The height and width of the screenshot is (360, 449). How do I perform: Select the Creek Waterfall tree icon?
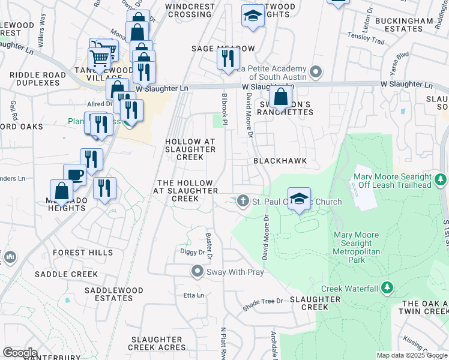[387, 289]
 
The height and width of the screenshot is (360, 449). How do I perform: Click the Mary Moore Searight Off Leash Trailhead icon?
[441, 179]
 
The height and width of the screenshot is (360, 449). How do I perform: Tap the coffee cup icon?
[74, 175]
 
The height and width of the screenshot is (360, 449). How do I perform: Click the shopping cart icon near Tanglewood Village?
[99, 59]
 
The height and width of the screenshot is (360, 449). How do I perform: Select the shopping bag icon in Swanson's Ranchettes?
[280, 96]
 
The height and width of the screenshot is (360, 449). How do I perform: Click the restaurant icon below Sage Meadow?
[228, 58]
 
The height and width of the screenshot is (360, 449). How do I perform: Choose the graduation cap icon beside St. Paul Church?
[299, 198]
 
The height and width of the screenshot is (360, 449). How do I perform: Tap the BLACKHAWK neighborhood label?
[280, 161]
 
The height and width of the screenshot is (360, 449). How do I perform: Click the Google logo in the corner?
[20, 353]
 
